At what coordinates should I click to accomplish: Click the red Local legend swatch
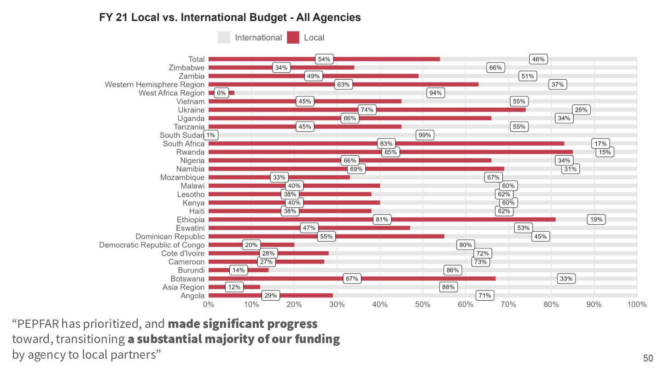[293, 38]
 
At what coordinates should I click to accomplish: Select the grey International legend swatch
[224, 38]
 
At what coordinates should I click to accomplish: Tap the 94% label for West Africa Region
[436, 93]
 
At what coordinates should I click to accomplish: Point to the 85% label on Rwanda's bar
[390, 152]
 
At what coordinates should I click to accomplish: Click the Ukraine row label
[191, 110]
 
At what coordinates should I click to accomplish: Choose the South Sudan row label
[181, 135]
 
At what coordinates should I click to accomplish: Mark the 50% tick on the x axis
[423, 304]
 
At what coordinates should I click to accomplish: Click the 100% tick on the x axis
[637, 304]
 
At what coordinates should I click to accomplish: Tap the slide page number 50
[648, 358]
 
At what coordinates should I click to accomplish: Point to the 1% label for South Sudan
[211, 135]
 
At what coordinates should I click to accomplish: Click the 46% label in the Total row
[538, 59]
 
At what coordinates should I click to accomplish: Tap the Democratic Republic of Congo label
[151, 245]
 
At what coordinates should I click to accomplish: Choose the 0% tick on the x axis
[209, 304]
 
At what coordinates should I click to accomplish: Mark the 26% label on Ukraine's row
[581, 110]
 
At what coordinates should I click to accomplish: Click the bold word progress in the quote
[295, 324]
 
